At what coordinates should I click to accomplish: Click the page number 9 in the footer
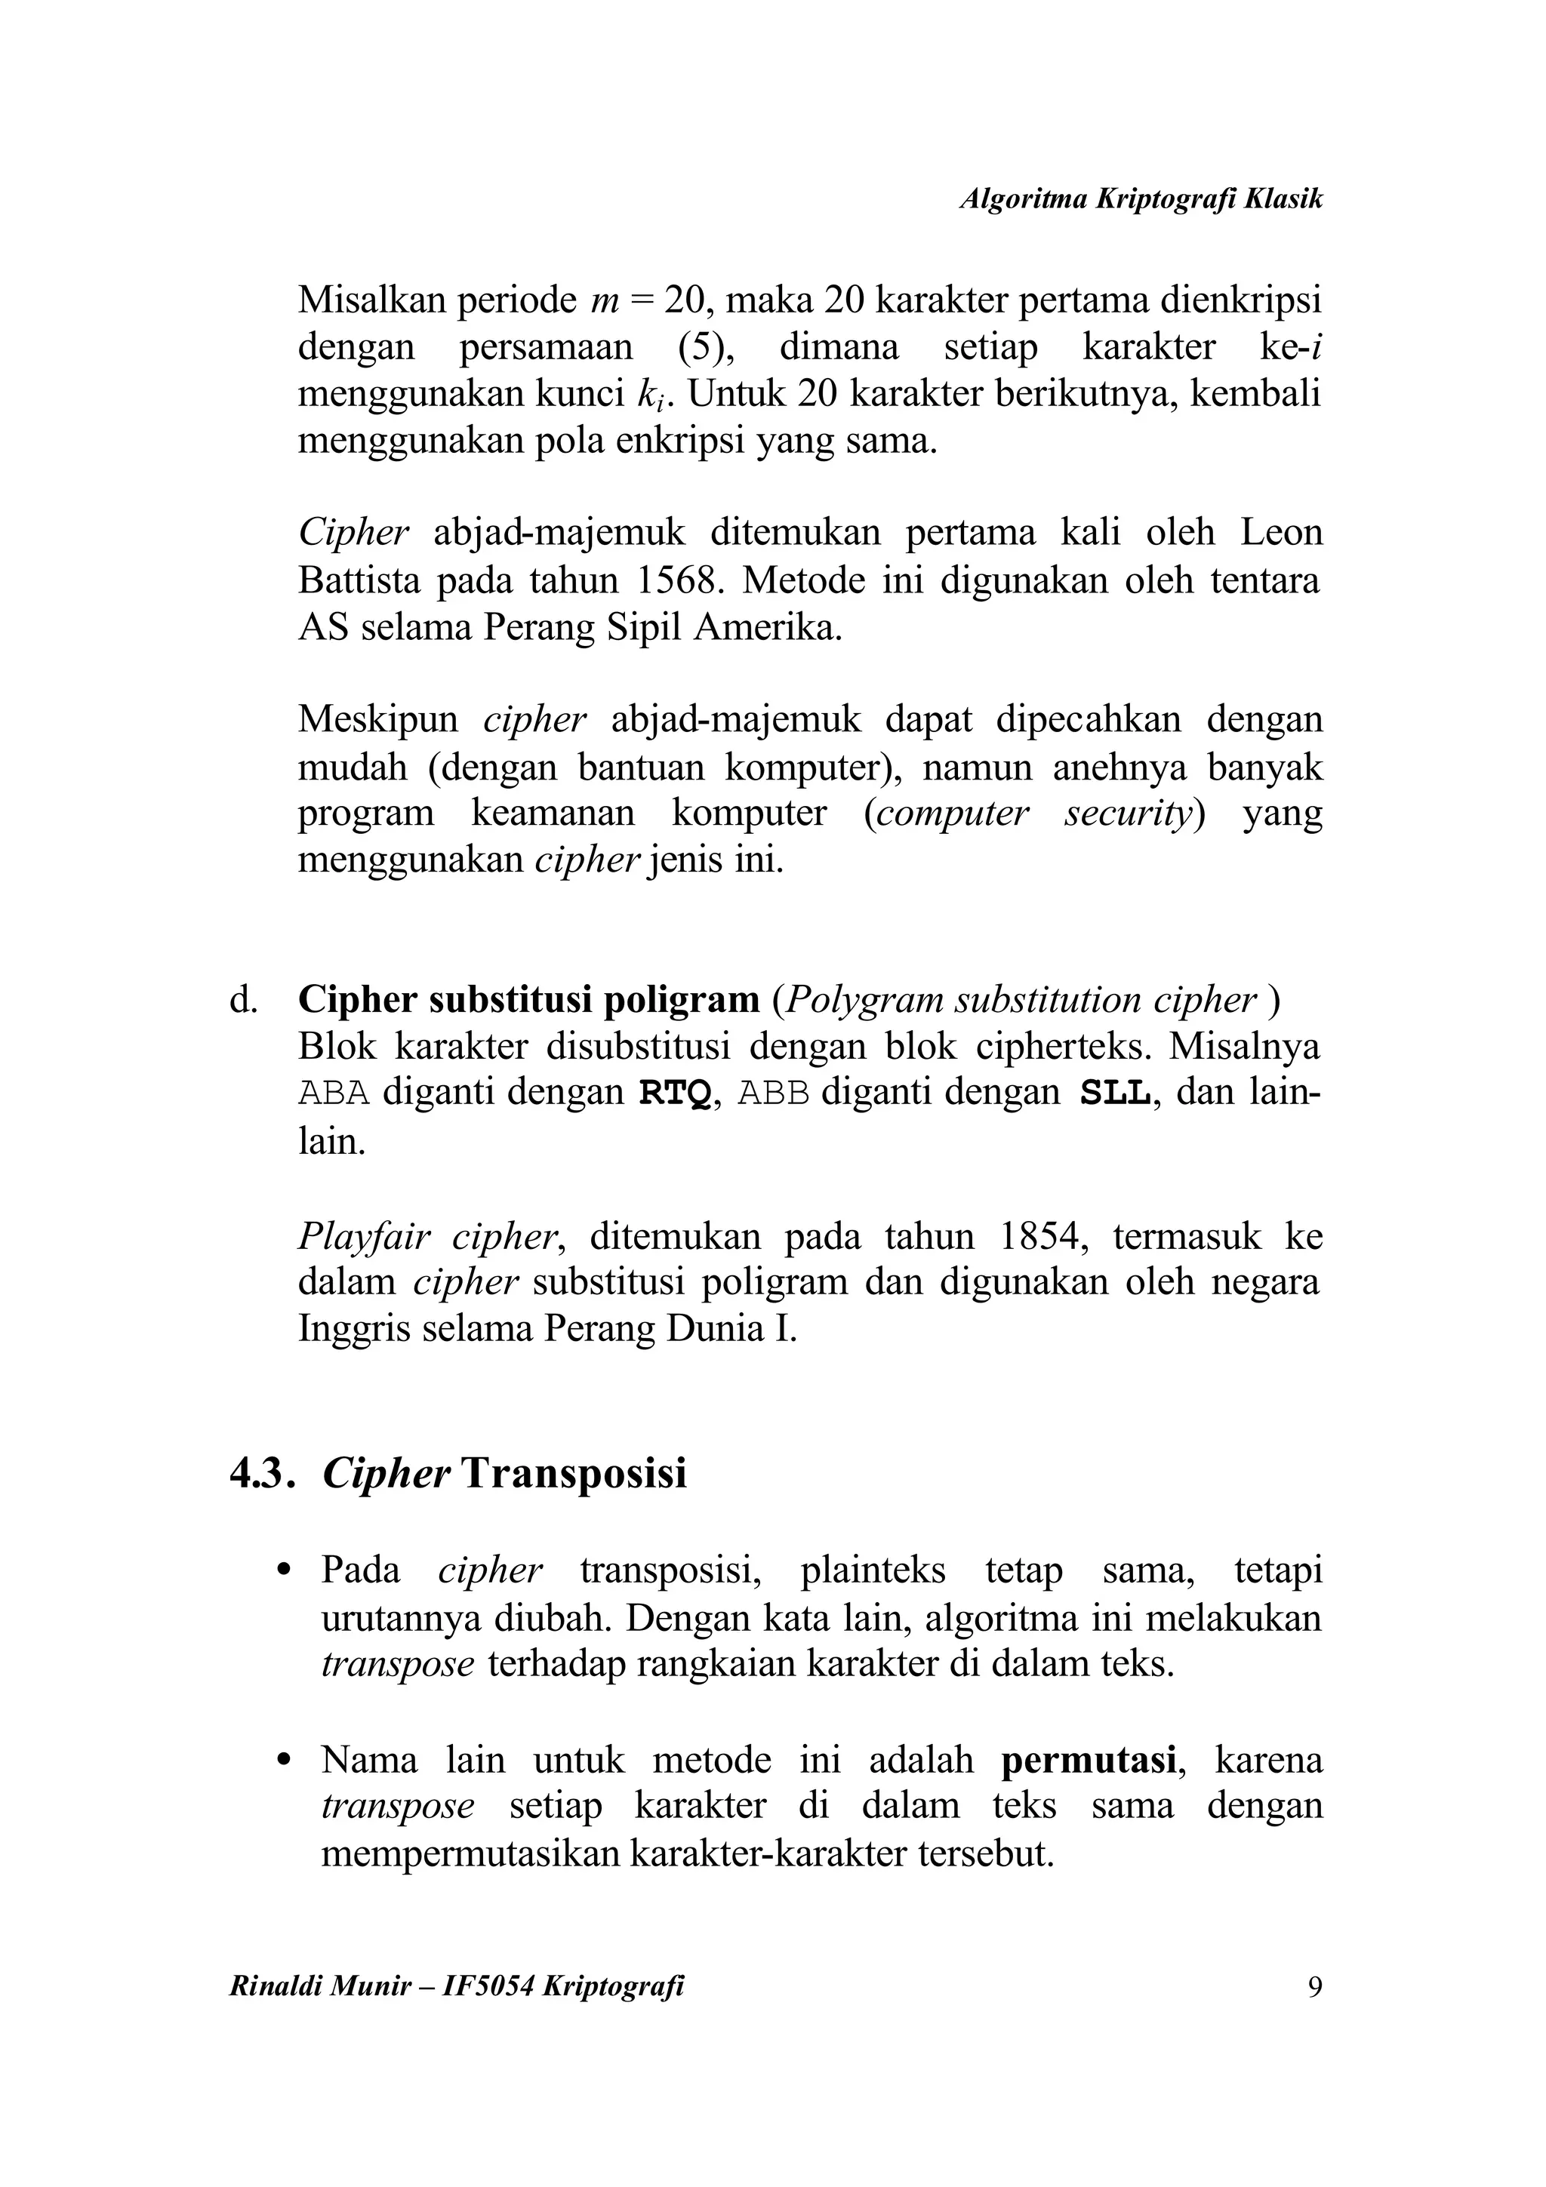click(1314, 1987)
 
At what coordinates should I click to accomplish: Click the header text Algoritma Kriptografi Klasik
click(1140, 199)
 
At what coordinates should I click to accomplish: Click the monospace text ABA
click(334, 1093)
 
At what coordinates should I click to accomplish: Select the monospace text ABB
click(774, 1093)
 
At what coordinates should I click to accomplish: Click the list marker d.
click(243, 999)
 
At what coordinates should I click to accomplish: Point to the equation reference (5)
click(706, 346)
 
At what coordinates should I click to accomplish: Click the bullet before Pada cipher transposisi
click(282, 1570)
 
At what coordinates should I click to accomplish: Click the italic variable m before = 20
click(605, 301)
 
